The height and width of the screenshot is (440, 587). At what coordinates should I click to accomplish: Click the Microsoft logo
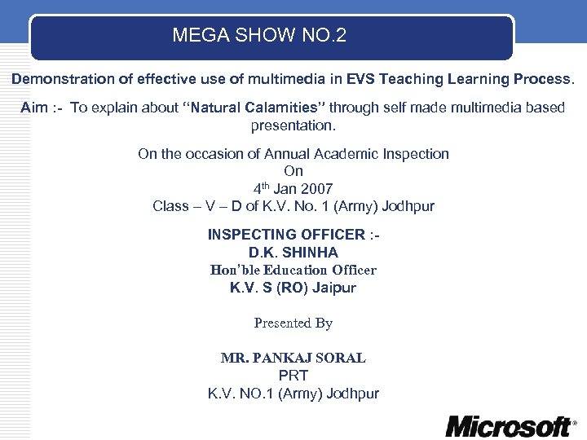pyautogui.click(x=510, y=425)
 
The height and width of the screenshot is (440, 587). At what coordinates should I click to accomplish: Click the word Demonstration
pyautogui.click(x=62, y=80)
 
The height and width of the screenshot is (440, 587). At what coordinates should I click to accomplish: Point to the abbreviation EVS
pyautogui.click(x=360, y=80)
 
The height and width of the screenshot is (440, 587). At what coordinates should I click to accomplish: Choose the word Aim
pyautogui.click(x=34, y=108)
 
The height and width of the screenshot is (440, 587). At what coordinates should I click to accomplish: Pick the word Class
pyautogui.click(x=170, y=205)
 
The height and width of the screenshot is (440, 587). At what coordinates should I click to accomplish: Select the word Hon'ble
pyautogui.click(x=234, y=270)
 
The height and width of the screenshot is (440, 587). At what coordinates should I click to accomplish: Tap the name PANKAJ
pyautogui.click(x=281, y=358)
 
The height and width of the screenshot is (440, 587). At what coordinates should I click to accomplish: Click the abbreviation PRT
pyautogui.click(x=293, y=376)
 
